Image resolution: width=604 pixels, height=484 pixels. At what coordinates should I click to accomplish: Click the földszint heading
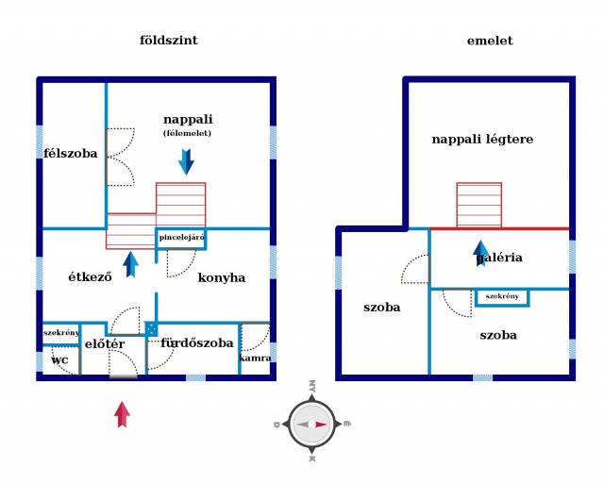click(168, 41)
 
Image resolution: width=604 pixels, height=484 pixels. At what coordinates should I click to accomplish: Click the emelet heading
click(490, 41)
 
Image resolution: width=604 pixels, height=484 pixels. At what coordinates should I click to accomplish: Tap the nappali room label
click(188, 120)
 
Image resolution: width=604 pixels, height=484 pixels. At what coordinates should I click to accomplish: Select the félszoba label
click(71, 153)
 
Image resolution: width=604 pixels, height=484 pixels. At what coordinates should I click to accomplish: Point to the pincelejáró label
click(181, 238)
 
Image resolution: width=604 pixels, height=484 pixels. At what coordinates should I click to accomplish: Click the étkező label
click(91, 277)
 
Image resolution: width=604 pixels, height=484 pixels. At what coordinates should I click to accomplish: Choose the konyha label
click(222, 277)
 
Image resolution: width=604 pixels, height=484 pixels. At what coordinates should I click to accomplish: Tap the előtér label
click(105, 344)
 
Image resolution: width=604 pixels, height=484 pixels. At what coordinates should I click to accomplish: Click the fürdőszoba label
click(196, 343)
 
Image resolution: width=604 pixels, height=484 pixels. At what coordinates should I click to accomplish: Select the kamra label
click(256, 358)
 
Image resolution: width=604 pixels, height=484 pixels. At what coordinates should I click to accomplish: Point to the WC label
click(59, 360)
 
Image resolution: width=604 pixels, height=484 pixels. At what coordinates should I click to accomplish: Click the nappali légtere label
click(482, 140)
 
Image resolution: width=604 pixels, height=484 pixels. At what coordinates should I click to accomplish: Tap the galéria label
click(500, 258)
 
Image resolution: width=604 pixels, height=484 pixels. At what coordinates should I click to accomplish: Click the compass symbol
click(311, 424)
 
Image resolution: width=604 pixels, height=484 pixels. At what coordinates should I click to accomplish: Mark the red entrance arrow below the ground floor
click(122, 413)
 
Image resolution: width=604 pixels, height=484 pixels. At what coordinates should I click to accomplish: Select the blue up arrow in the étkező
click(130, 263)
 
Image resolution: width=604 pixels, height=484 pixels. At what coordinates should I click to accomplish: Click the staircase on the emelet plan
click(478, 205)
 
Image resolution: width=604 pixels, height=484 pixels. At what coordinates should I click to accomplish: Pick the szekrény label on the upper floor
click(502, 296)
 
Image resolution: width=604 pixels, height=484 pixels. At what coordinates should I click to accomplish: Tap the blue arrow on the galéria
click(480, 253)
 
